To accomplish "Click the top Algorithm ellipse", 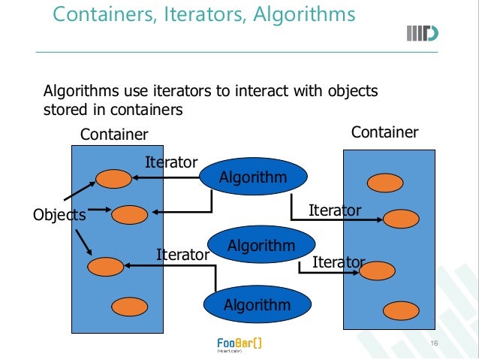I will [x=253, y=177].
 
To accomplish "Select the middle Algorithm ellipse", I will [x=261, y=246].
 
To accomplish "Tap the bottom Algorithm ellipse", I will [x=258, y=304].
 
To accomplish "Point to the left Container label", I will [x=114, y=135].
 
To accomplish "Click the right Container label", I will [x=385, y=132].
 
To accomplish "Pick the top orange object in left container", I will [x=114, y=179].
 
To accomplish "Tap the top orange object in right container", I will [x=384, y=182].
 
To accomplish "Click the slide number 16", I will [x=433, y=343].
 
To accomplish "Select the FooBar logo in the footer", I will [x=239, y=343].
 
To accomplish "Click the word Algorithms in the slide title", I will [x=304, y=14].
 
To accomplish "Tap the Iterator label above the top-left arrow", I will [x=170, y=162].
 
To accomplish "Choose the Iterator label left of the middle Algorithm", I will [x=182, y=255].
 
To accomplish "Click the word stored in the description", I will [x=65, y=110].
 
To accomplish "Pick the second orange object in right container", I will [x=400, y=219].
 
